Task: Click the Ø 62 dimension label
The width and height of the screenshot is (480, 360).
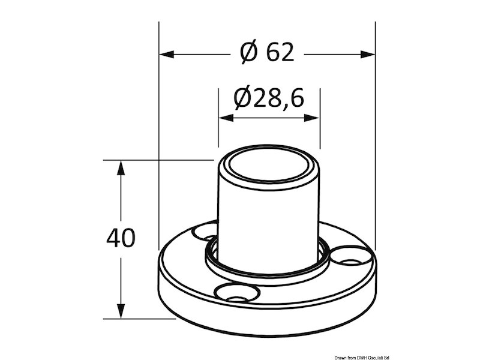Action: point(268,53)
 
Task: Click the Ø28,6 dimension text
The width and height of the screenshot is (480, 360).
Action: point(269,98)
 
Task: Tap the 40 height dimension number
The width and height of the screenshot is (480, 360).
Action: point(121,238)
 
